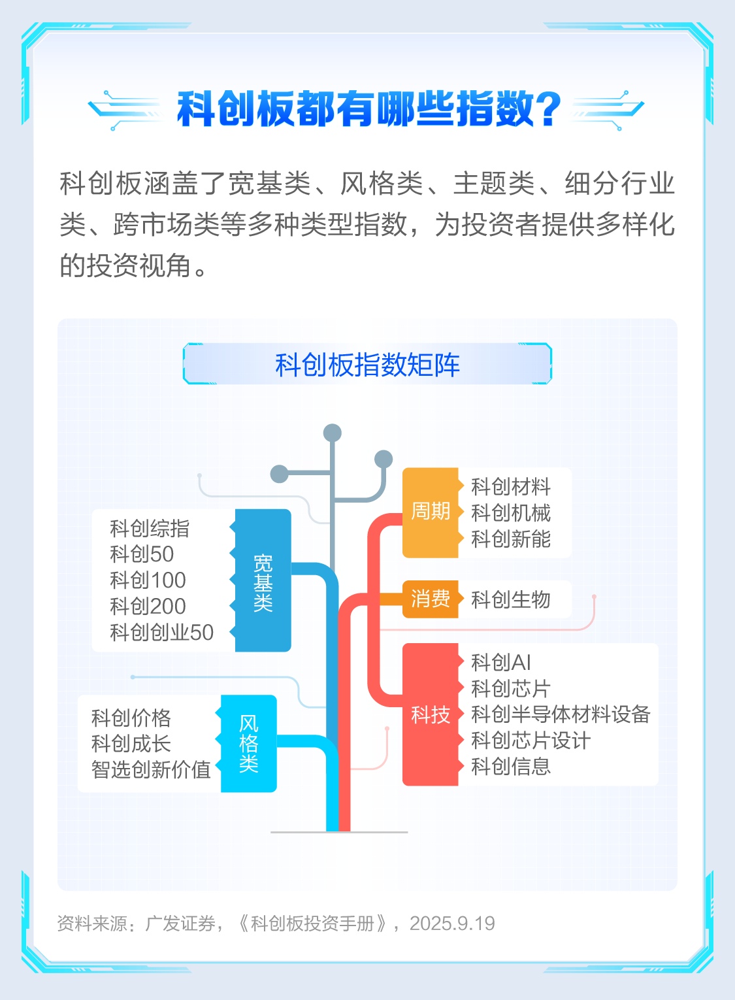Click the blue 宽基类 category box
pos(263,580)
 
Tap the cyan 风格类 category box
pos(249,743)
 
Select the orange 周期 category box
pos(430,512)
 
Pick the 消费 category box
pos(430,599)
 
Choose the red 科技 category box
pos(430,714)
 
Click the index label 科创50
pos(142,554)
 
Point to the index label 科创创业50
pos(161,633)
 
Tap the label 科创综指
pos(150,528)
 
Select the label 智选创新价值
pos(151,769)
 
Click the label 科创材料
pos(511,486)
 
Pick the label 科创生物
pos(511,599)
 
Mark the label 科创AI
pos(501,662)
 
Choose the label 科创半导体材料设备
pos(561,714)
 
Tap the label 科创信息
pos(511,766)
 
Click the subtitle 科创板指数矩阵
pos(367,364)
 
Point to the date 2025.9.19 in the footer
pos(452,924)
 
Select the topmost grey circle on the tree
pos(333,433)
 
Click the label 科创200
pos(148,607)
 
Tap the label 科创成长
pos(131,743)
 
